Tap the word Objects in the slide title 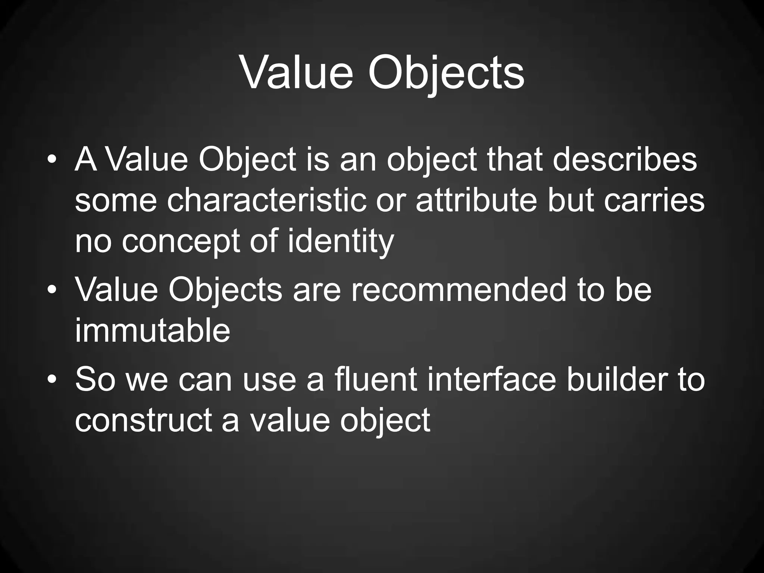pyautogui.click(x=446, y=73)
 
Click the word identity pyautogui.click(x=341, y=241)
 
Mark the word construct pyautogui.click(x=144, y=420)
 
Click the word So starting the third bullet pyautogui.click(x=95, y=380)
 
